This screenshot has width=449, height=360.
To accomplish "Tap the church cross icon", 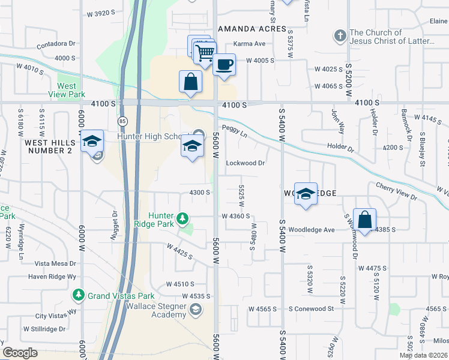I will click(340, 36).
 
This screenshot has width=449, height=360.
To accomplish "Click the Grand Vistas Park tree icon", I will click(78, 295).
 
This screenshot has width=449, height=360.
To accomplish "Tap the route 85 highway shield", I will click(122, 121).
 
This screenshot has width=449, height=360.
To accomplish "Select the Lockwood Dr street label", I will click(245, 163).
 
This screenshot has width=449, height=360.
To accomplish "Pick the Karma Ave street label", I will click(249, 44).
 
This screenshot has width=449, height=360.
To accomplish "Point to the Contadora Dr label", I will click(55, 44).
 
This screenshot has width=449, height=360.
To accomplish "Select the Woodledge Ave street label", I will click(311, 230).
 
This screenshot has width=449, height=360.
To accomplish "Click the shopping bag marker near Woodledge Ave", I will click(364, 220).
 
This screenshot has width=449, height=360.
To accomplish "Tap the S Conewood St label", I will click(310, 308).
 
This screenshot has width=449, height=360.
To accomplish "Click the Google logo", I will click(20, 353).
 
